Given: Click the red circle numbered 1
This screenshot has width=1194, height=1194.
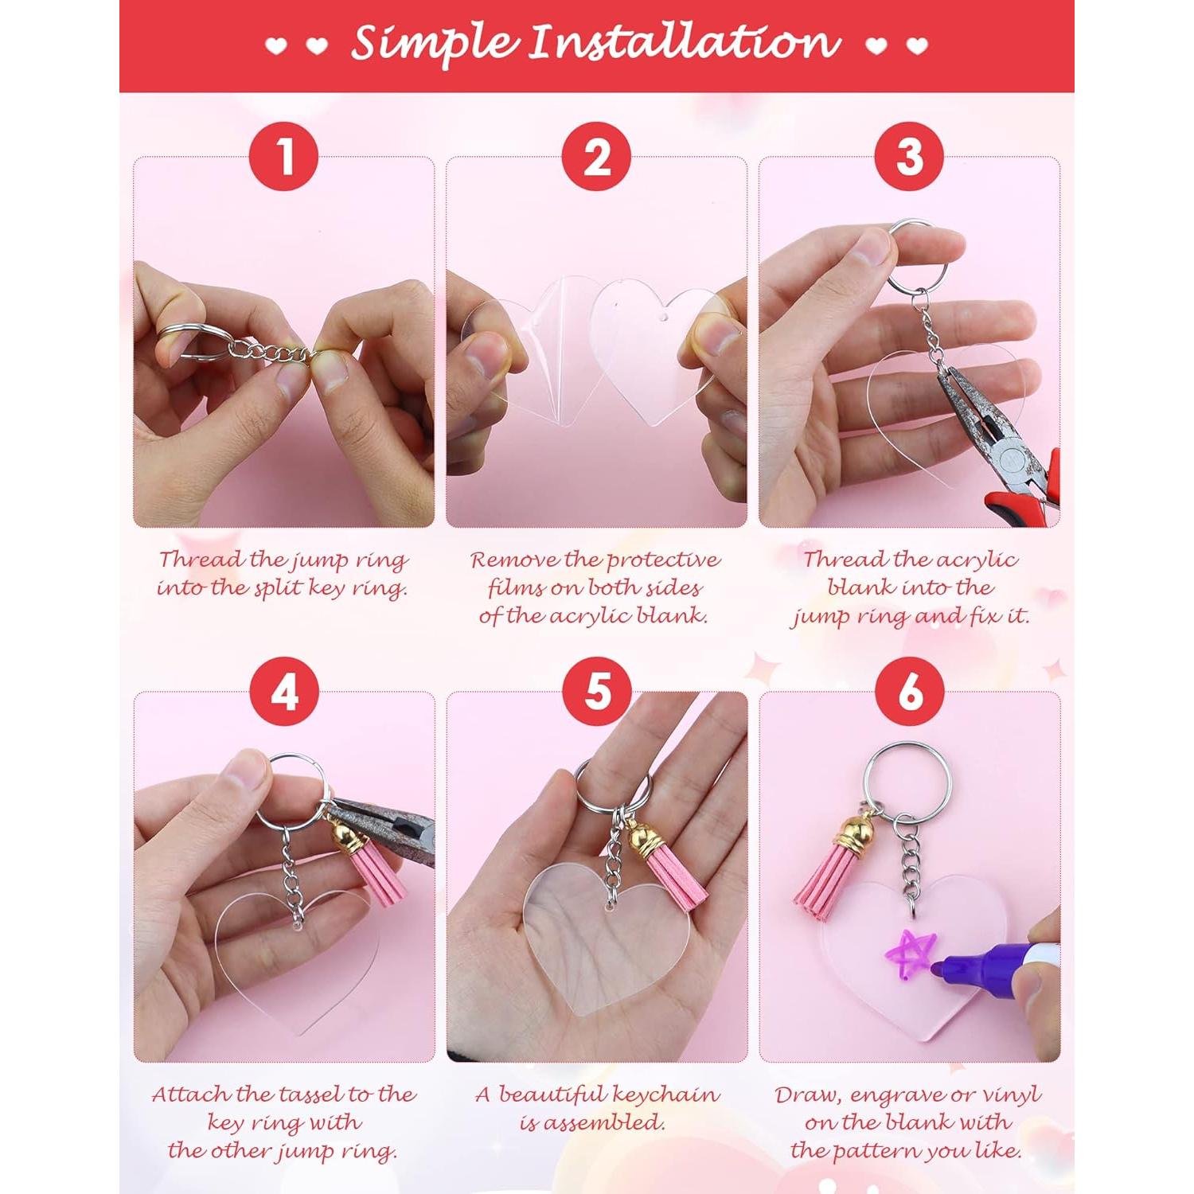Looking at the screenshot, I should (283, 156).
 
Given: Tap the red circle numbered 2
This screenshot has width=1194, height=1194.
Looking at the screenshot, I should (596, 156).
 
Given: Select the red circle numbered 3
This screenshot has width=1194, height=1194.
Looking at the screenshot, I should (909, 156).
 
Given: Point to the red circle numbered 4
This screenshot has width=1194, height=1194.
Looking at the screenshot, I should (283, 691).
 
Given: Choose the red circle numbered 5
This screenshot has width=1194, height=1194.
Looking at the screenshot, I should (596, 691).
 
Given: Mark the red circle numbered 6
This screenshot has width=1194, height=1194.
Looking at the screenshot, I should (909, 691).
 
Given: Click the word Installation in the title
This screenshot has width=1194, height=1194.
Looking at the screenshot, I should (685, 43).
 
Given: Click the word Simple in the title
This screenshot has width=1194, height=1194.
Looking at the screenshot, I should (434, 45).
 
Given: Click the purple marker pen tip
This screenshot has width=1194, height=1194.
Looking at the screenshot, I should (940, 970).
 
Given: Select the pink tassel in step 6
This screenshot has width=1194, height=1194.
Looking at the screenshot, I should (824, 880).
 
